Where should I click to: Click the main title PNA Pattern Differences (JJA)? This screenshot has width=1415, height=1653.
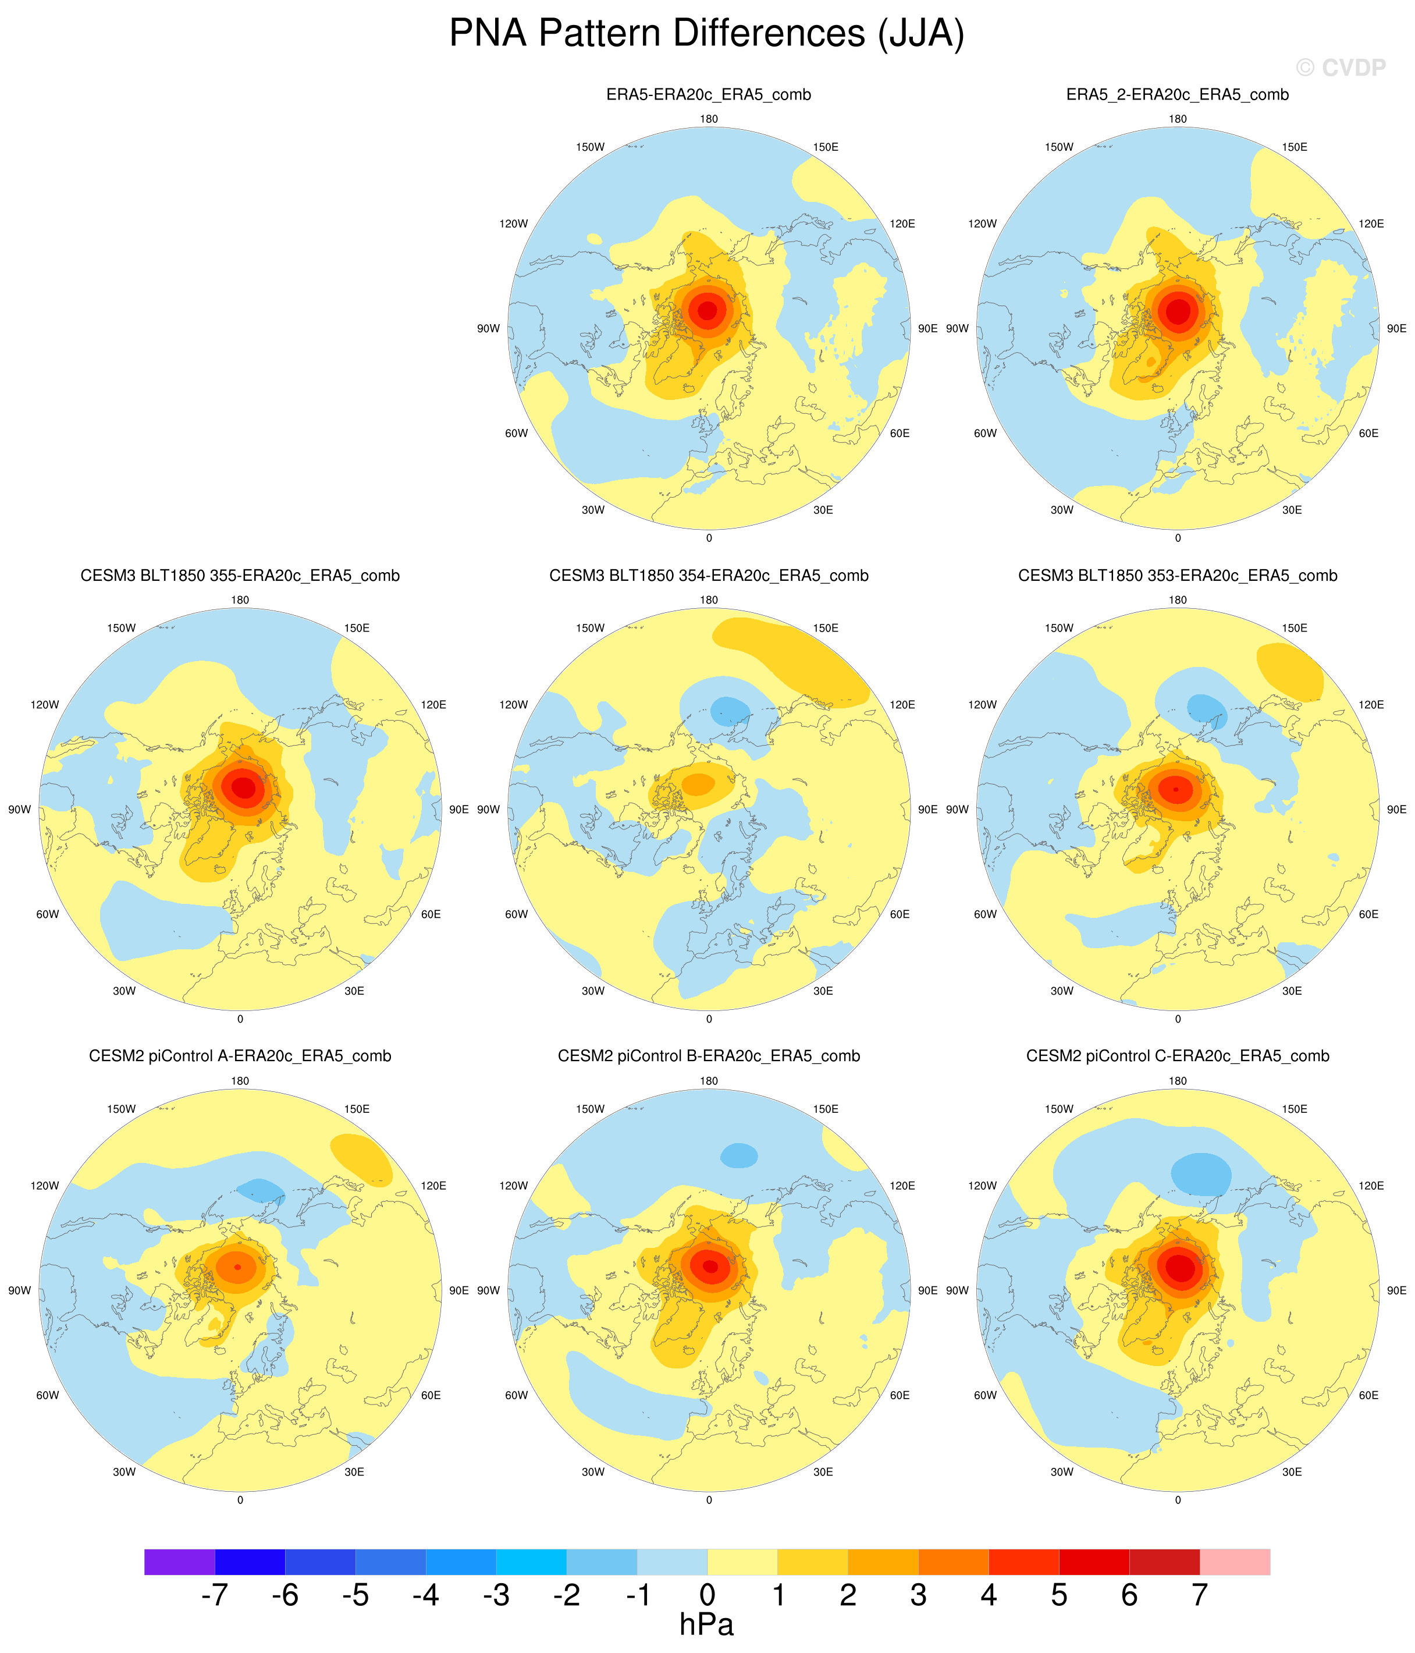pos(707,34)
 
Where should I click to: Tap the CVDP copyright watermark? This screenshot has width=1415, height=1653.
pos(1341,68)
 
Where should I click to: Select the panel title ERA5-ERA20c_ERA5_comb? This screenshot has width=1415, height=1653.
pos(708,95)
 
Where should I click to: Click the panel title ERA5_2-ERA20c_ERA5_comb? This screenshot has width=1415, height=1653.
pos(1177,95)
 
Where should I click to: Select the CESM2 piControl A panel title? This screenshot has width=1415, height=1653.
pos(240,1056)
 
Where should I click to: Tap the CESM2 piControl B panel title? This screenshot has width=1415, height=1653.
pos(708,1056)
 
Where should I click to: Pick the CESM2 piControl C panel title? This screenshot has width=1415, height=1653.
pos(1177,1056)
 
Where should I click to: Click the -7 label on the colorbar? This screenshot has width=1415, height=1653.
pos(215,1595)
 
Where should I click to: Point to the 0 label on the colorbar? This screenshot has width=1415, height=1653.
pos(707,1595)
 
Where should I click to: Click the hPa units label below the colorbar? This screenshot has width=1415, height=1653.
pos(707,1624)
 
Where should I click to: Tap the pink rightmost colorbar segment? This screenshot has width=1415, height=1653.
pos(1235,1561)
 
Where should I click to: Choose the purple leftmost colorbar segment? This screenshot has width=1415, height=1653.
pos(179,1561)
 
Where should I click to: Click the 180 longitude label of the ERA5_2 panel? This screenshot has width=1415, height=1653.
pos(1177,119)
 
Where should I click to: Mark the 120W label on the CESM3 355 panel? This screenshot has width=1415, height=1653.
pos(45,704)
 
